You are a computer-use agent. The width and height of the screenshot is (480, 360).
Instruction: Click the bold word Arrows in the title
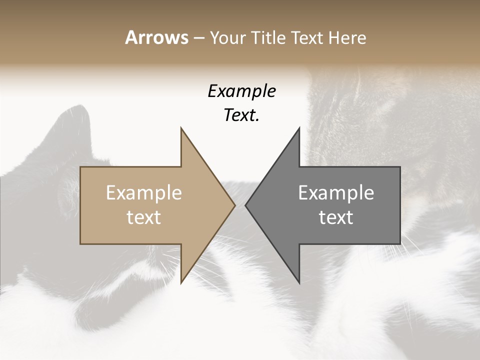coord(156,37)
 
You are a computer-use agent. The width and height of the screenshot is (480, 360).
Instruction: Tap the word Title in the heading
coord(269,37)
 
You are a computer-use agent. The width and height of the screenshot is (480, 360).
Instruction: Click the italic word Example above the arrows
coord(241,91)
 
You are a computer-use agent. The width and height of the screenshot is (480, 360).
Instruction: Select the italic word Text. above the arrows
coord(241,115)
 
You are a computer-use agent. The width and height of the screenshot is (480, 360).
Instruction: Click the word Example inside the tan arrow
coord(144,193)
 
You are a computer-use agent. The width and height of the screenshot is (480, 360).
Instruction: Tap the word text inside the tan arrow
coord(144,217)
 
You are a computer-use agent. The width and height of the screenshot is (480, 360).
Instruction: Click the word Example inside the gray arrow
coord(336,193)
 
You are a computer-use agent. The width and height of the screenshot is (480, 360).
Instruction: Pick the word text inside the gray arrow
coord(336,217)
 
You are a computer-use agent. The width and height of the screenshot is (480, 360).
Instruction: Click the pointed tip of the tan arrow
coord(234,205)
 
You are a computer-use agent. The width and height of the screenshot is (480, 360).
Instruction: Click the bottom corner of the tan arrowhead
coord(181,282)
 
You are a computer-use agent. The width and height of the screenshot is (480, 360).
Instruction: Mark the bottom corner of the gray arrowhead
coord(299,282)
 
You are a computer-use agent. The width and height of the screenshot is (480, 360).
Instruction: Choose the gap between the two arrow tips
coord(240,205)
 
